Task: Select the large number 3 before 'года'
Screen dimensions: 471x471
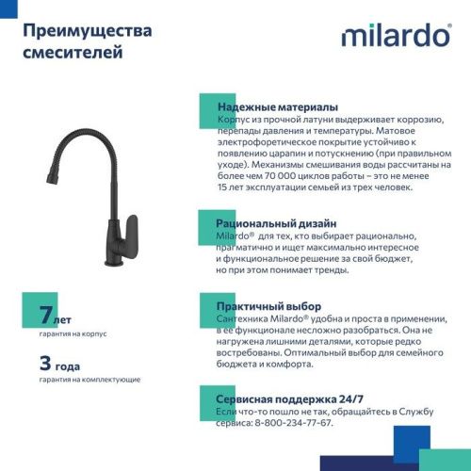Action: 45,363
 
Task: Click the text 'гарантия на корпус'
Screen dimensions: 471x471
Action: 73,333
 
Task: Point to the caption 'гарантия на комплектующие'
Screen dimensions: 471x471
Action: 90,379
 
